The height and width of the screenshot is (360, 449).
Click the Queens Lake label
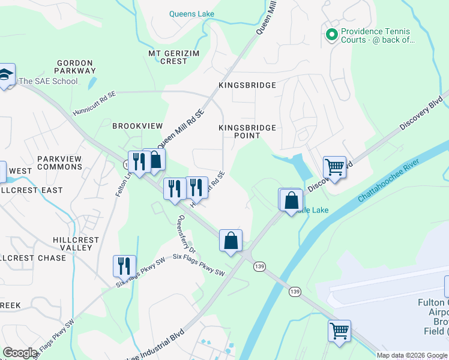pyautogui.click(x=191, y=14)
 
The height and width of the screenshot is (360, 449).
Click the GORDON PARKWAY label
pyautogui.click(x=75, y=67)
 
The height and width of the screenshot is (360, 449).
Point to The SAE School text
pyautogui.click(x=48, y=81)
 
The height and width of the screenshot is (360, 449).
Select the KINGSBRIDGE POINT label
pyautogui.click(x=247, y=131)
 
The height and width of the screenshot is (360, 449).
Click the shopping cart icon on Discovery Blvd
pyautogui.click(x=334, y=166)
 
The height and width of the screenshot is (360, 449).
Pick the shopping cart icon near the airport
pyautogui.click(x=339, y=330)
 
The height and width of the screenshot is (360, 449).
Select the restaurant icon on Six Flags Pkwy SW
pyautogui.click(x=124, y=265)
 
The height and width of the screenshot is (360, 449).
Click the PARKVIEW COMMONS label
pyautogui.click(x=59, y=163)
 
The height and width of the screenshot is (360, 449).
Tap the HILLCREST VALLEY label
pyautogui.click(x=76, y=244)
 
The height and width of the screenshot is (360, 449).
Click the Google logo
pyautogui.click(x=20, y=353)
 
